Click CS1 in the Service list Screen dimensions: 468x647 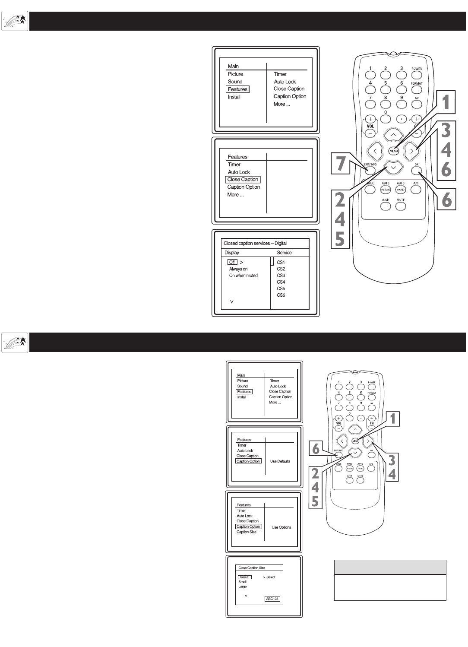click(281, 262)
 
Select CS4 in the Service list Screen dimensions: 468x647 click(281, 282)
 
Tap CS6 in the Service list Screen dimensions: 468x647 click(281, 295)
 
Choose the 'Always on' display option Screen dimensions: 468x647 click(238, 269)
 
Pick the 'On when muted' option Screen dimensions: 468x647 click(243, 276)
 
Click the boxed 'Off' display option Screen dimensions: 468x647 click(232, 262)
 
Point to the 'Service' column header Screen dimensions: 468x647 click(284, 253)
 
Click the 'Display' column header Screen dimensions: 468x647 click(232, 253)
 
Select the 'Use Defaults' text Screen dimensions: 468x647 click(280, 461)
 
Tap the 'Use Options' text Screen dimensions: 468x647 click(281, 527)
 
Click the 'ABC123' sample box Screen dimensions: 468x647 click(272, 599)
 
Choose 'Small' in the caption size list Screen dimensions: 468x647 click(242, 582)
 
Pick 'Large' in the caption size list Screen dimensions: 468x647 click(242, 587)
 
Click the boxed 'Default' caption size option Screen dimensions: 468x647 click(244, 577)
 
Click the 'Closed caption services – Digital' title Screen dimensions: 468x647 click(255, 244)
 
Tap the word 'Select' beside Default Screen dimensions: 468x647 click(271, 577)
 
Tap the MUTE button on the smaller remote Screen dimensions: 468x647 click(360, 480)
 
